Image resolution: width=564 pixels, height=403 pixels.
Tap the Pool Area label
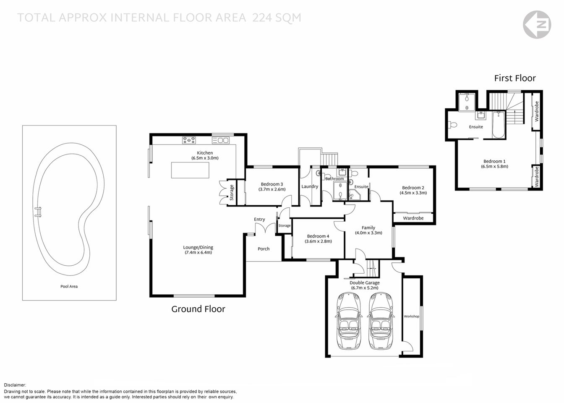point(69,287)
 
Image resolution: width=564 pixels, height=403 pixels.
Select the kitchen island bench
point(190,170)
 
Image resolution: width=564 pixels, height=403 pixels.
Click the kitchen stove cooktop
point(189,140)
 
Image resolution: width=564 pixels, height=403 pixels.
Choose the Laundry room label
point(310,186)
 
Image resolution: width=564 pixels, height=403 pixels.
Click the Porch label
point(264,249)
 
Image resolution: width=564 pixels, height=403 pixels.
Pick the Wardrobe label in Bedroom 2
point(413,218)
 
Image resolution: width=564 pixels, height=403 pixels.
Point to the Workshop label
point(411,316)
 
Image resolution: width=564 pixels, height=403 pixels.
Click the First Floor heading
point(514,78)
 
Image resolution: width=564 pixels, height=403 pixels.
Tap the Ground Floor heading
point(198,309)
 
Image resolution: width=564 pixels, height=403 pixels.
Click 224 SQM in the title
point(277,18)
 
